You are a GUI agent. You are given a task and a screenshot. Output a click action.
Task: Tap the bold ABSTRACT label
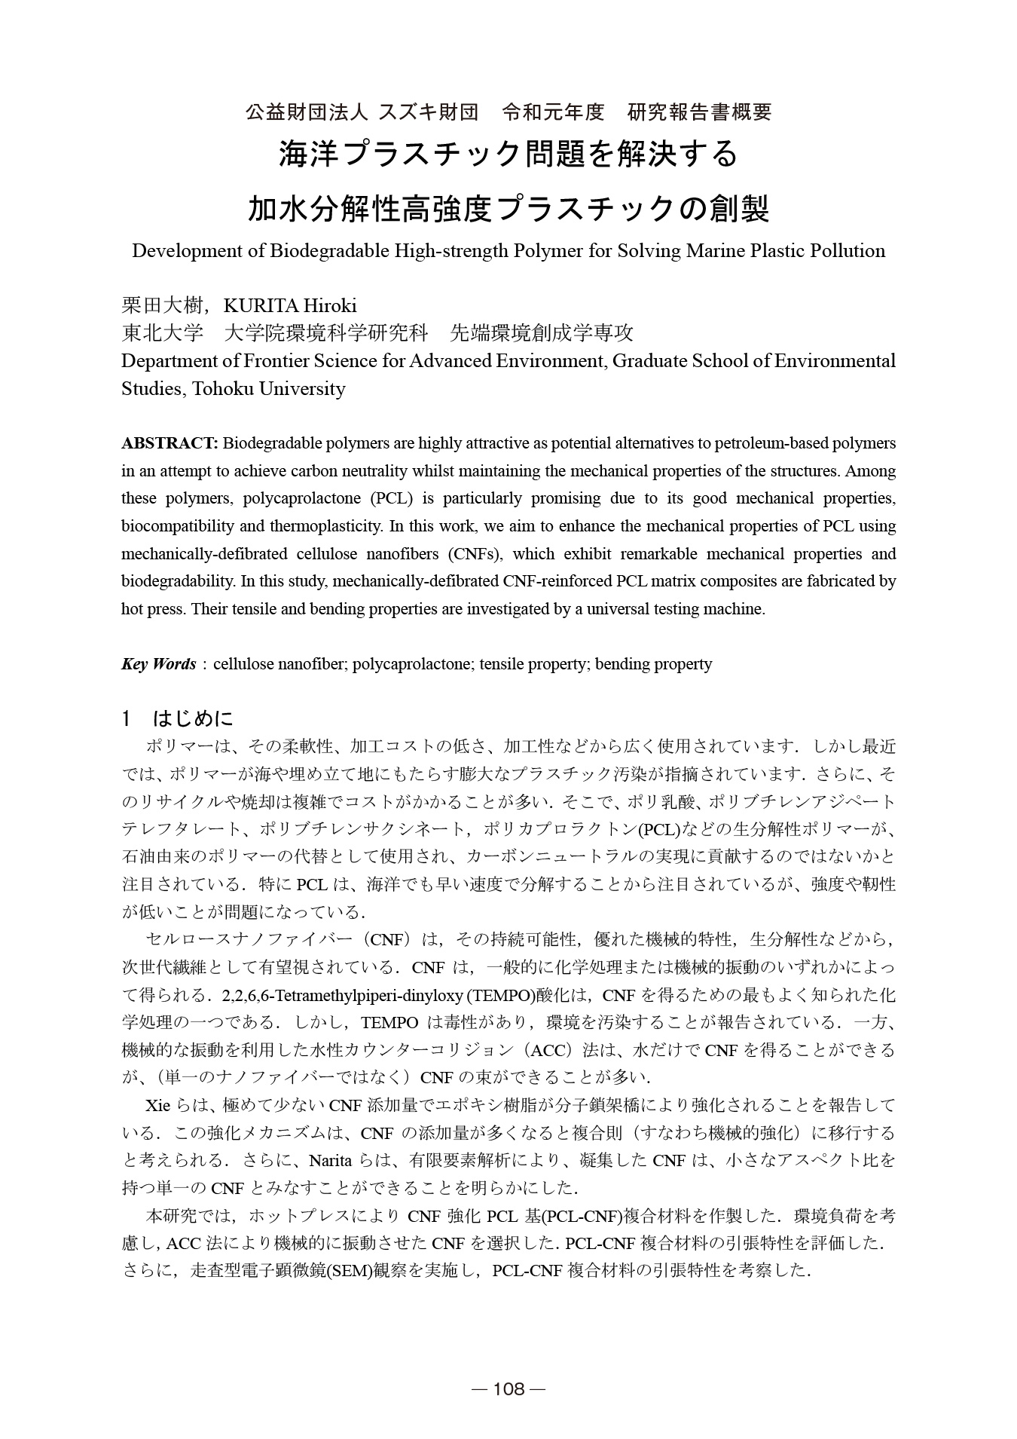(169, 442)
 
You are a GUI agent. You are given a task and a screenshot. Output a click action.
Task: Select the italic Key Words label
(158, 664)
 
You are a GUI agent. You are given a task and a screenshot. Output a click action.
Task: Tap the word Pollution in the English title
(847, 251)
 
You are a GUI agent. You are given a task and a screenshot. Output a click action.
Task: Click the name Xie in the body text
(157, 1106)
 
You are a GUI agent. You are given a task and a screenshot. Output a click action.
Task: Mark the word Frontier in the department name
(265, 361)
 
